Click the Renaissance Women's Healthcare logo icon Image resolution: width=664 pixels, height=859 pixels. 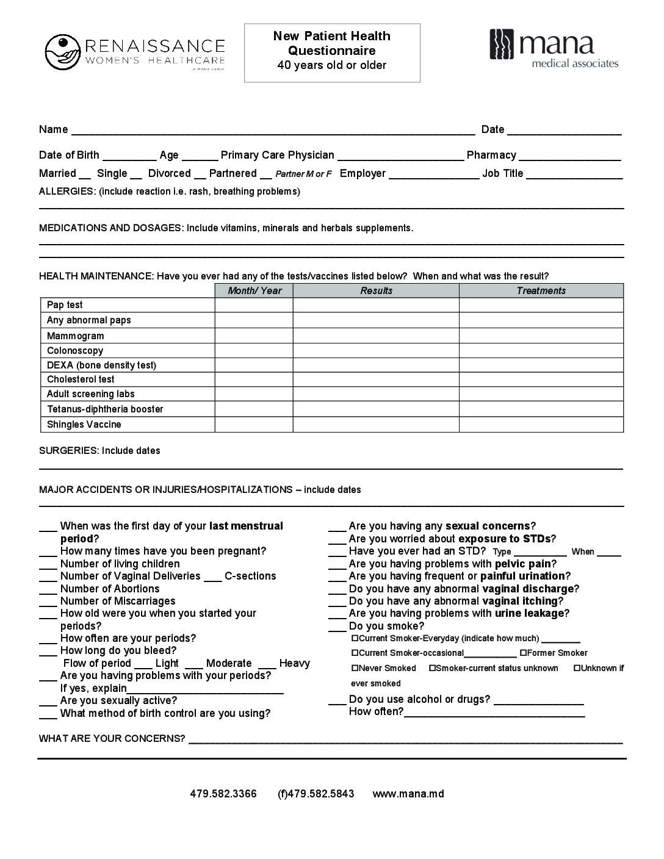62,52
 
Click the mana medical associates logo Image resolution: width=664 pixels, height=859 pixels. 554,49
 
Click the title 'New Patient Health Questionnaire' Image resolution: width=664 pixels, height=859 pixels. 332,43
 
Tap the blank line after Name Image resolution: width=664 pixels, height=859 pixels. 273,130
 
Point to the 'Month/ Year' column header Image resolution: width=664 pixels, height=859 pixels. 254,291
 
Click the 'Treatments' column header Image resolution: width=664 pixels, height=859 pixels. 541,291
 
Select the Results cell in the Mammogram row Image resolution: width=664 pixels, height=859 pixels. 375,336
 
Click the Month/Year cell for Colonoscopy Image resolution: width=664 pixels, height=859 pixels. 254,351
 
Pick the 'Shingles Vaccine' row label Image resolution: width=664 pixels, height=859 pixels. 84,425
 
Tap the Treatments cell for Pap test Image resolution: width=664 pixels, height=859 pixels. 541,305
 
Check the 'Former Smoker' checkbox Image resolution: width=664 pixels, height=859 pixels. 523,653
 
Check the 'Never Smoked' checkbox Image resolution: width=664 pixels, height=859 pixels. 355,668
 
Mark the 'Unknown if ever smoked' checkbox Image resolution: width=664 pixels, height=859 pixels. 577,668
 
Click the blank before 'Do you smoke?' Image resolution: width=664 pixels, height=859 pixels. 337,627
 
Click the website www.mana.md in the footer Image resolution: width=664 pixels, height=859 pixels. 408,794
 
